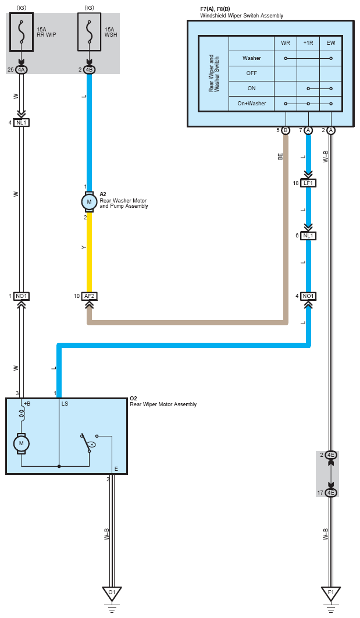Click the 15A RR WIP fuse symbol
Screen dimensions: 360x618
click(x=22, y=32)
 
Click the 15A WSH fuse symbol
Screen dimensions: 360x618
click(x=89, y=32)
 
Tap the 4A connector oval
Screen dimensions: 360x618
click(x=22, y=70)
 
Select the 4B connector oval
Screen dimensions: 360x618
click(x=89, y=70)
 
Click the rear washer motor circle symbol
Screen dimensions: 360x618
click(x=89, y=202)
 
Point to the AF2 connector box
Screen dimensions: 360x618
click(x=89, y=296)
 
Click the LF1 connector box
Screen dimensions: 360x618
click(x=308, y=183)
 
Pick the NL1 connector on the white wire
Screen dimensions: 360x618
click(x=22, y=123)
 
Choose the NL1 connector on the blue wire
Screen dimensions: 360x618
click(x=308, y=236)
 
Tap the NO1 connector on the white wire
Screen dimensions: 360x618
click(x=22, y=296)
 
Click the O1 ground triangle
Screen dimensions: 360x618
click(x=112, y=593)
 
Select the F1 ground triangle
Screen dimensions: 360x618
click(x=331, y=593)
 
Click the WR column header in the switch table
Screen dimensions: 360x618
click(x=286, y=43)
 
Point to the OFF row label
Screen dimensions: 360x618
click(x=252, y=73)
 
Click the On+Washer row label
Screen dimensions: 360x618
click(x=252, y=103)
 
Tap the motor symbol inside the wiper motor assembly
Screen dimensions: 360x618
click(x=22, y=443)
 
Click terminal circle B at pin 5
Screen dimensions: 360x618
click(x=286, y=130)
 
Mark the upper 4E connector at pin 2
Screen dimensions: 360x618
click(x=331, y=455)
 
